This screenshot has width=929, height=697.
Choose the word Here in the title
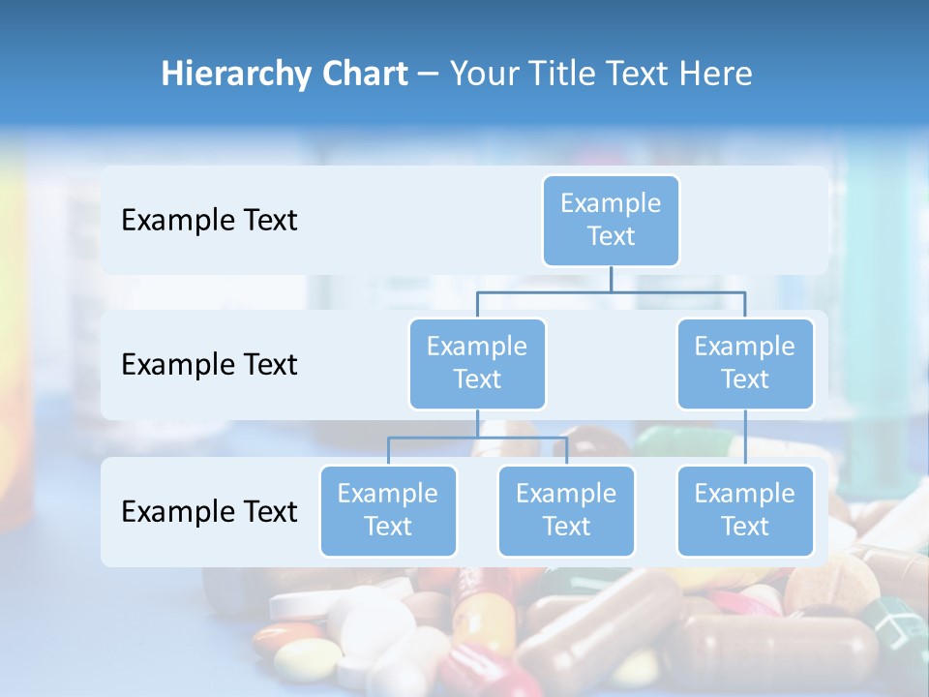pyautogui.click(x=716, y=75)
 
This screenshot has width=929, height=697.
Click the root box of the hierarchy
pyautogui.click(x=611, y=220)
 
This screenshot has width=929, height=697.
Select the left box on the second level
pyautogui.click(x=477, y=363)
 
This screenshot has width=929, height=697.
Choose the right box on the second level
pyautogui.click(x=745, y=363)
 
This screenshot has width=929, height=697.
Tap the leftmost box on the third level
pyautogui.click(x=388, y=510)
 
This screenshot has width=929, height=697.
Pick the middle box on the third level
pyautogui.click(x=566, y=510)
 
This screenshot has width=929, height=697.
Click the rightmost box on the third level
pyautogui.click(x=745, y=510)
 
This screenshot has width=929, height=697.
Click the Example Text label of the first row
pyautogui.click(x=209, y=221)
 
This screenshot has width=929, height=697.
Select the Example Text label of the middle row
pyautogui.click(x=209, y=365)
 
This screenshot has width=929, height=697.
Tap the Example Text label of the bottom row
pyautogui.click(x=209, y=511)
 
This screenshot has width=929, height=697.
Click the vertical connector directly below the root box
pyautogui.click(x=611, y=279)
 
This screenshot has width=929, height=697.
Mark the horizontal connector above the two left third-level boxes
pyautogui.click(x=477, y=438)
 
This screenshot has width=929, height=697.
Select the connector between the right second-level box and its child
pyautogui.click(x=745, y=438)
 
